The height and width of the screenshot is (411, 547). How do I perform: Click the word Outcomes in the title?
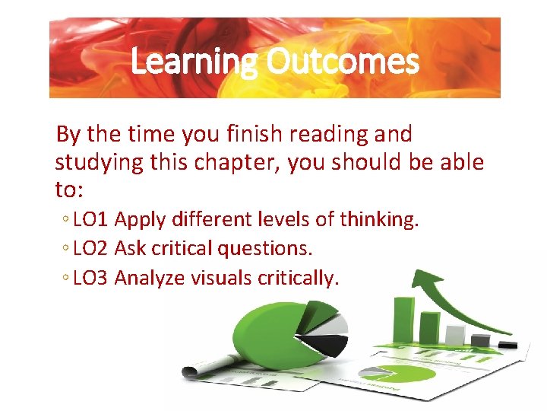pos(342,62)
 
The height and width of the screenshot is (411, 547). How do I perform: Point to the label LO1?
pos(92,220)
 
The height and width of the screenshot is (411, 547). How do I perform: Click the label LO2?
pos(92,249)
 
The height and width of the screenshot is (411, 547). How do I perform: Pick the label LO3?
pos(92,278)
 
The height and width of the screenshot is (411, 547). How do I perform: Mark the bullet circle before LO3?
pos(68,279)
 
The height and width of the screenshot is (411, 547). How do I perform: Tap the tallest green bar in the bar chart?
pos(403,320)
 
